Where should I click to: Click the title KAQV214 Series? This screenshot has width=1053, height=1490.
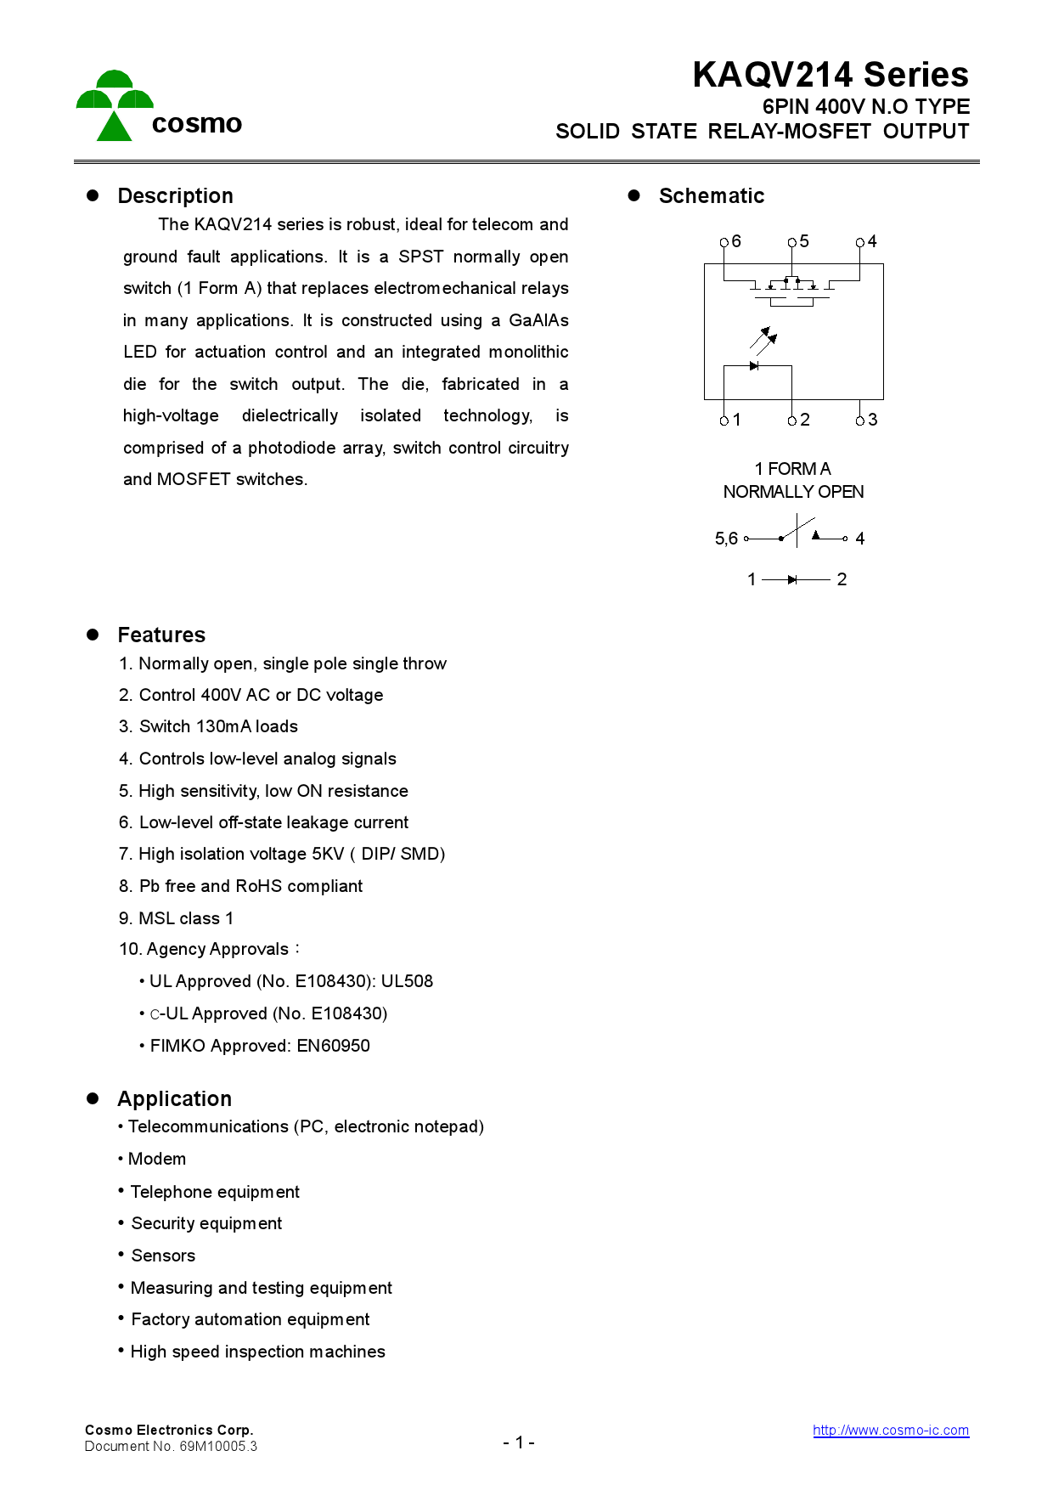pyautogui.click(x=830, y=75)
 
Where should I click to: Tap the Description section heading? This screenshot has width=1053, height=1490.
pyautogui.click(x=175, y=196)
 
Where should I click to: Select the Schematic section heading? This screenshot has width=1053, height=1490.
pyautogui.click(x=711, y=196)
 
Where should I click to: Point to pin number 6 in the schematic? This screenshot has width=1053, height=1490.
pyautogui.click(x=736, y=241)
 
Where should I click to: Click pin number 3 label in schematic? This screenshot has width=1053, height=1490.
pyautogui.click(x=872, y=420)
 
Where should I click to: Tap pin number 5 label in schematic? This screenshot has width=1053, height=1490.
pyautogui.click(x=804, y=241)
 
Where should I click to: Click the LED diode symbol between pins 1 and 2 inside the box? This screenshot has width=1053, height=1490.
pyautogui.click(x=754, y=366)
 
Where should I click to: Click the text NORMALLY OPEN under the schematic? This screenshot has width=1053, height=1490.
pyautogui.click(x=793, y=492)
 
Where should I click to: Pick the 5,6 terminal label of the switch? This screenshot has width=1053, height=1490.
pyautogui.click(x=726, y=539)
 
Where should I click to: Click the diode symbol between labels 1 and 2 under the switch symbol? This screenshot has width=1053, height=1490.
pyautogui.click(x=792, y=580)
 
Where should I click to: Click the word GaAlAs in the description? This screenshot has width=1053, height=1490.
pyautogui.click(x=538, y=320)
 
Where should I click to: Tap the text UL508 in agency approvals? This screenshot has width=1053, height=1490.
pyautogui.click(x=407, y=981)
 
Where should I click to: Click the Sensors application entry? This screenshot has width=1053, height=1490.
pyautogui.click(x=163, y=1256)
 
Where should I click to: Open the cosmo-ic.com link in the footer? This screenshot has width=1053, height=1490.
pyautogui.click(x=890, y=1430)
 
